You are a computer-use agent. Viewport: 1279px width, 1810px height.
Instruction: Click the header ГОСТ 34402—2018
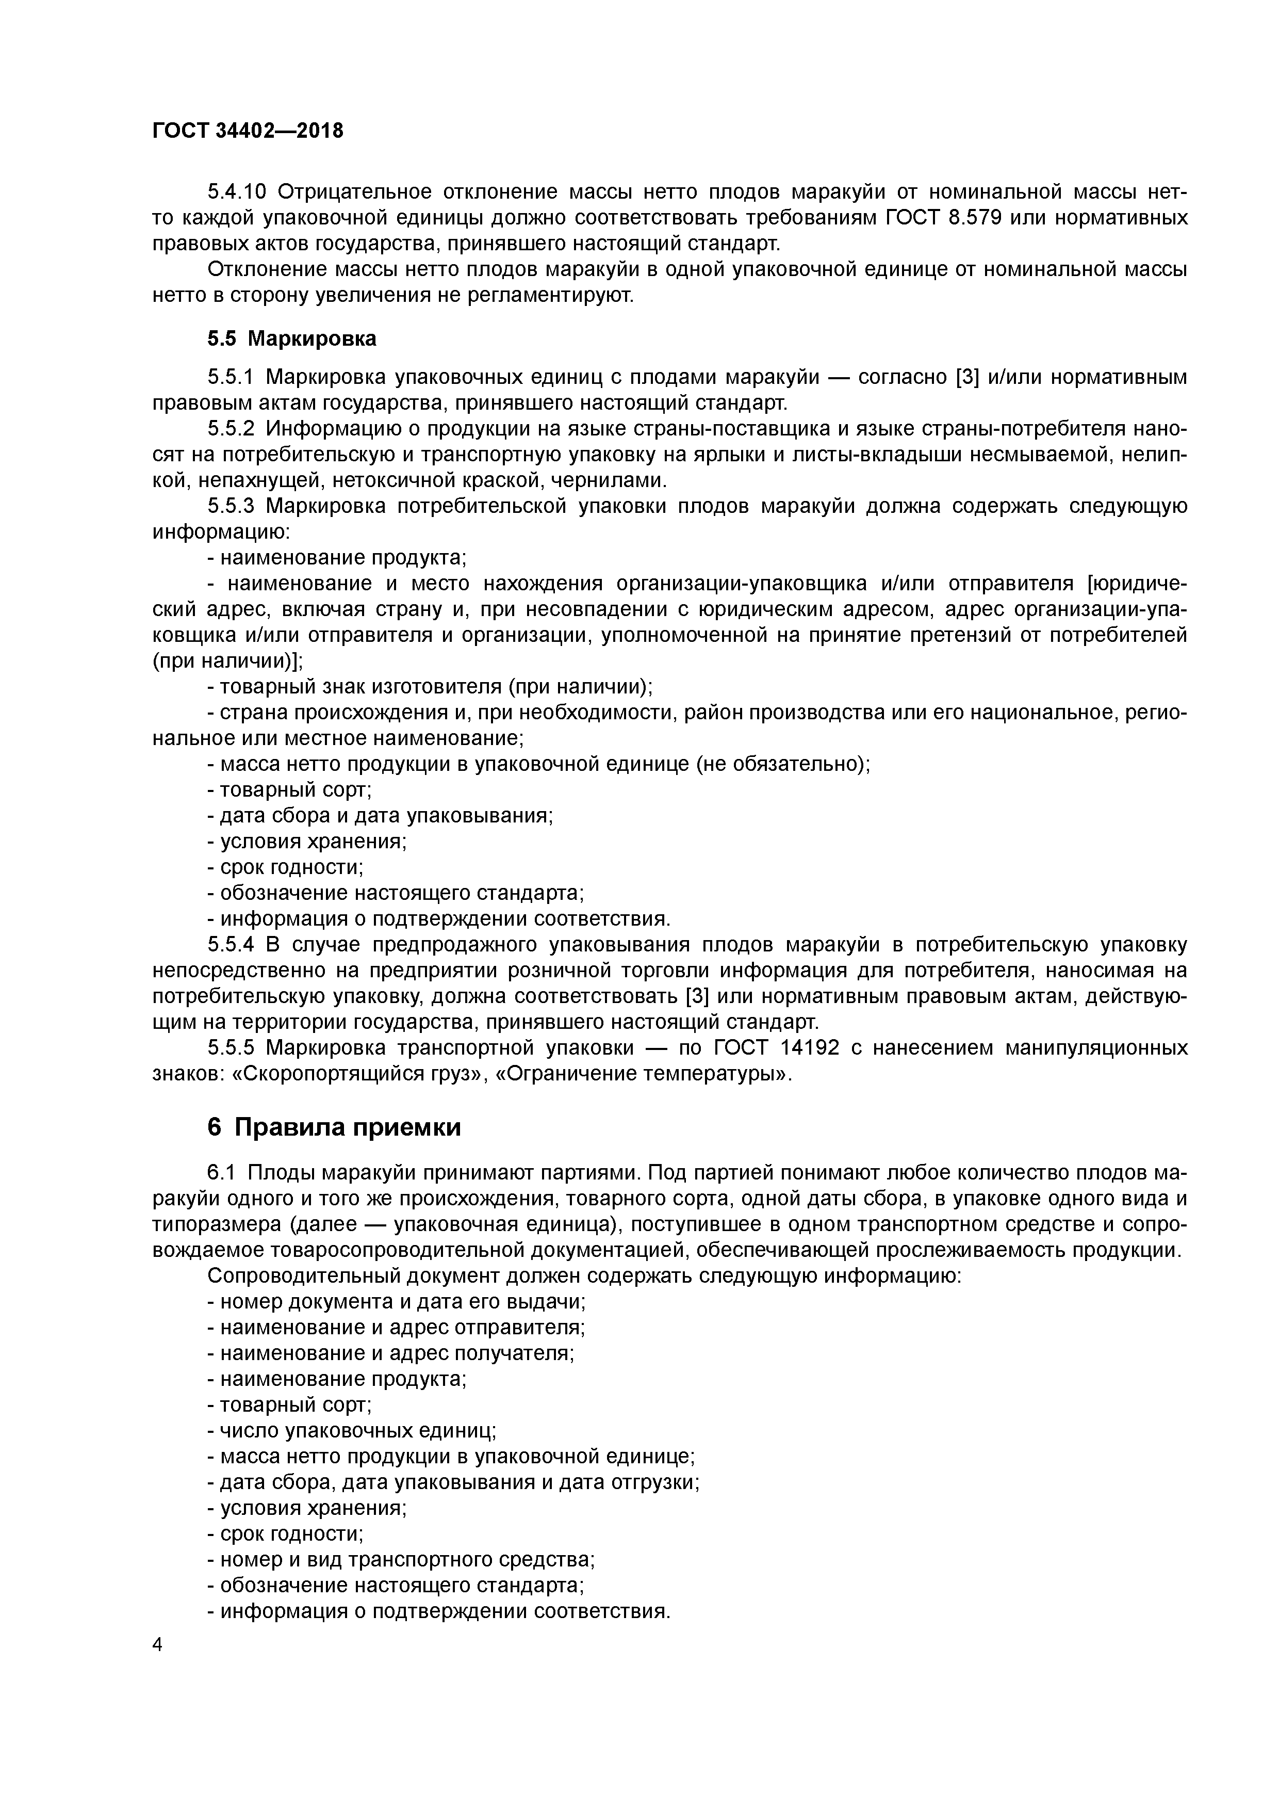[x=248, y=131]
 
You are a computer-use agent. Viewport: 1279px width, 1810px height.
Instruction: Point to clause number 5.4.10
[x=237, y=191]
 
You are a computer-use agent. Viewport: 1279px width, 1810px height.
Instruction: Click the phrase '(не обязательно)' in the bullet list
[x=782, y=764]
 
